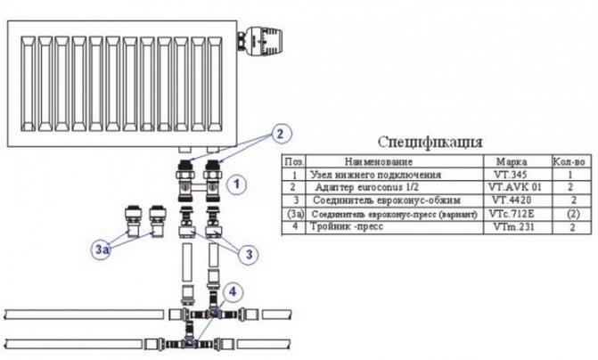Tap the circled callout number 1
236,185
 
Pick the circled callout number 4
232,290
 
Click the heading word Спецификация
430,143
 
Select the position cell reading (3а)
291,215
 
